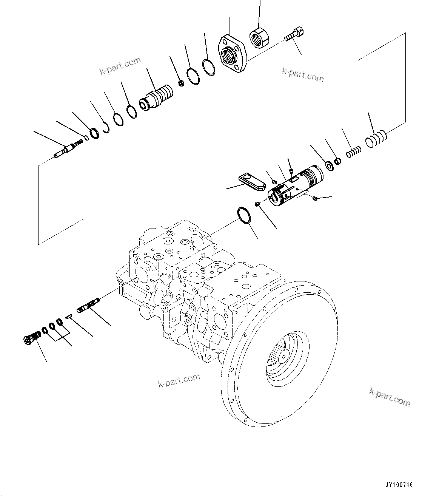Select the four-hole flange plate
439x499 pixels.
232,55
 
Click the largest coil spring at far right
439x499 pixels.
376,138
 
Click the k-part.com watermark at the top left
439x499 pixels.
120,65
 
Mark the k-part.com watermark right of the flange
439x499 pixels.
303,75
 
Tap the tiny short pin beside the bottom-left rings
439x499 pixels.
68,318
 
